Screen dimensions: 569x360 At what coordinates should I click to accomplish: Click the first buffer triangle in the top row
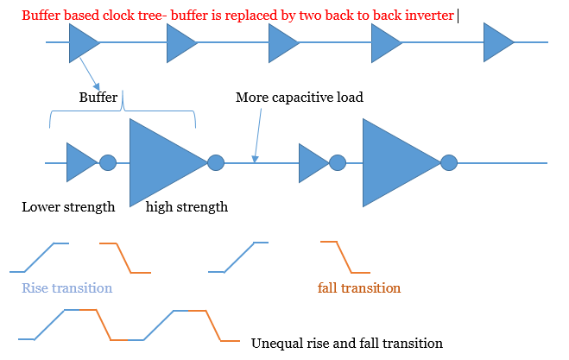point(82,43)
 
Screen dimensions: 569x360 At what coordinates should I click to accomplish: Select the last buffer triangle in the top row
point(496,42)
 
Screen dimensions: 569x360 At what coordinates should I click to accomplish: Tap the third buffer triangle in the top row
point(281,43)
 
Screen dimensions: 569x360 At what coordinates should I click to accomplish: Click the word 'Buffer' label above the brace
point(98,98)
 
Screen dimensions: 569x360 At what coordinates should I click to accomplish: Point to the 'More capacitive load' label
point(300,98)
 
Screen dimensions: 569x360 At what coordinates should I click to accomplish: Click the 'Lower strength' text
point(68,207)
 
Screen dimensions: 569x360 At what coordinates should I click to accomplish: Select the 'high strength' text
point(187,207)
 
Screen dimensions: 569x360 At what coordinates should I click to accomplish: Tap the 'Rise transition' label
point(67,288)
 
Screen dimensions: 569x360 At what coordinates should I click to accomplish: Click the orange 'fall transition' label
point(359,288)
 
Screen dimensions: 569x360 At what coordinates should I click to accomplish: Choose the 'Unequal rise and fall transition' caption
point(347,344)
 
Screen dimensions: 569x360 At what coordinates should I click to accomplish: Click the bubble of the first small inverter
point(108,162)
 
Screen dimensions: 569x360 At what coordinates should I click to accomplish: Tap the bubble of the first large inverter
point(216,162)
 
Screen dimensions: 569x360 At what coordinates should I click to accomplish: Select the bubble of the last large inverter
point(449,162)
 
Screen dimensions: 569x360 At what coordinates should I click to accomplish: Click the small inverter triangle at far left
point(79,162)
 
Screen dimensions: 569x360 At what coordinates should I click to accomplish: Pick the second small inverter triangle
point(312,163)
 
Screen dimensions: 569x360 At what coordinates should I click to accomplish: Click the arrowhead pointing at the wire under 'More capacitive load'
point(255,159)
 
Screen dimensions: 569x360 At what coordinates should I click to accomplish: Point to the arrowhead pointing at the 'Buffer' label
point(96,86)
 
